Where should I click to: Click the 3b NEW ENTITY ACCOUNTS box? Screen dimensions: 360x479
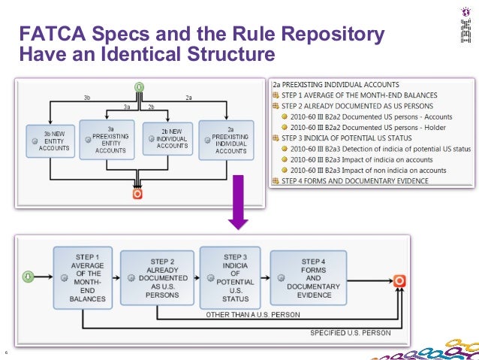point(48,140)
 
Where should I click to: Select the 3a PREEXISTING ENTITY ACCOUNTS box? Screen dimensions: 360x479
point(110,138)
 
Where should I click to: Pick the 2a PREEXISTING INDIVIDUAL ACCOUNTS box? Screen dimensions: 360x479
point(227,138)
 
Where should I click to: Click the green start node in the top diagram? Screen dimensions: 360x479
point(139,86)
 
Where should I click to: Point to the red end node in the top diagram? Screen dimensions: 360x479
point(137,193)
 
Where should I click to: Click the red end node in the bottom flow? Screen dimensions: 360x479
point(399,280)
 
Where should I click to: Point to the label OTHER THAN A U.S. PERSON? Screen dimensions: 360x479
point(248,314)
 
